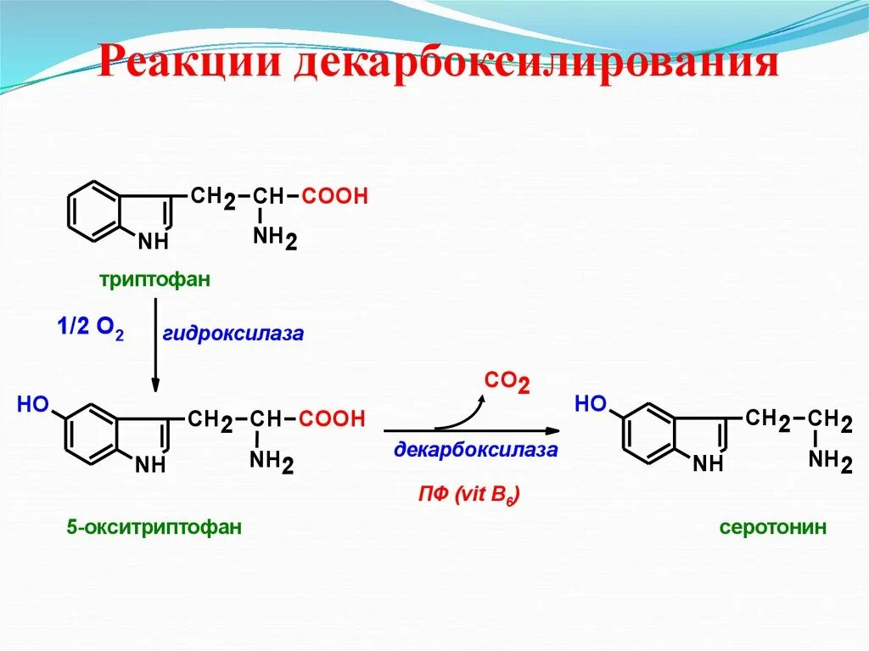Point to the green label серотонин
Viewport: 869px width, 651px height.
coord(772,527)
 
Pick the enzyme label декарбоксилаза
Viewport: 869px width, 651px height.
coord(475,450)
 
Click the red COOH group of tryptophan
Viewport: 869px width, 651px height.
coord(335,197)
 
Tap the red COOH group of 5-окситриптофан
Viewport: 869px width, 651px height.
coord(332,418)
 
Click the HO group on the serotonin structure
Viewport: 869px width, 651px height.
coord(591,403)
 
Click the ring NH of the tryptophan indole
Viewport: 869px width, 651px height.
coord(154,242)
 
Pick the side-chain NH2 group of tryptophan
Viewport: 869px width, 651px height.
coord(274,239)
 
